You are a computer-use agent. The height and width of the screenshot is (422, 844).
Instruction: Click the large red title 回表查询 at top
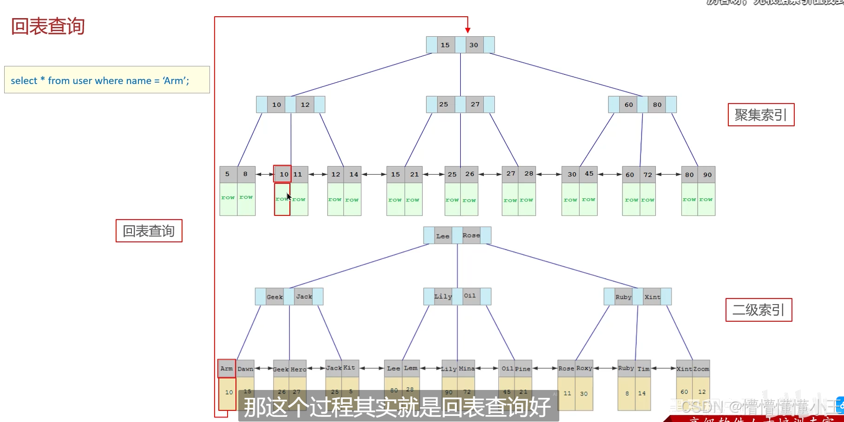tap(48, 26)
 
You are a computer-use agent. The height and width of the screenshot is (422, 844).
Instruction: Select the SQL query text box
tap(107, 80)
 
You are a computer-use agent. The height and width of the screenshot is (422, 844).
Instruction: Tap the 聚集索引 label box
tap(761, 115)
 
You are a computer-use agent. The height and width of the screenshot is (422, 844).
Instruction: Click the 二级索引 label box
tap(759, 310)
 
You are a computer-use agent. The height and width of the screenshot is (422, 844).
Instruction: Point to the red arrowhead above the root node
tap(468, 30)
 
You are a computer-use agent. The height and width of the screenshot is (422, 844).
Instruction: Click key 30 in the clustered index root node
tap(474, 45)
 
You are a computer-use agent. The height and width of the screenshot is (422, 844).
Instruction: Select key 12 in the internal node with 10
tap(305, 104)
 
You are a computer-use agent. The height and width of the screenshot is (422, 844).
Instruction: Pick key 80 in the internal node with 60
tap(657, 104)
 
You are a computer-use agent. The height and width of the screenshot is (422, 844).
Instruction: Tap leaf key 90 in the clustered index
tap(707, 175)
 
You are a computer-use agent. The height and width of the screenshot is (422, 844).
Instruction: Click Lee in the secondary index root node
tap(443, 236)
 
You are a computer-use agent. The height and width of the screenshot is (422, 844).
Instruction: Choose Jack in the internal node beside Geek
tap(304, 297)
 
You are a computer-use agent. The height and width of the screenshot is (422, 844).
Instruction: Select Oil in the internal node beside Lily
tap(470, 296)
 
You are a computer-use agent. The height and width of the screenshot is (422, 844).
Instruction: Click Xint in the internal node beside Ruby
tap(652, 297)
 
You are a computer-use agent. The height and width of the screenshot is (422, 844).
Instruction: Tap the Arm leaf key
tap(227, 369)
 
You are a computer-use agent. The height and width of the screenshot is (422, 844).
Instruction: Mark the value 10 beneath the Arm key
tap(229, 392)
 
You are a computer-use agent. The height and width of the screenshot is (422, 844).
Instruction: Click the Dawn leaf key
tap(245, 369)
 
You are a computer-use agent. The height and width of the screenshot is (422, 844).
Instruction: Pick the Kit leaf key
tap(349, 368)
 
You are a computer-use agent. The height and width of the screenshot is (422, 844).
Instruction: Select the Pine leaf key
tap(523, 369)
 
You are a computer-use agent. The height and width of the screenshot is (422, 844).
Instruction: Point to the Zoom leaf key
tap(701, 369)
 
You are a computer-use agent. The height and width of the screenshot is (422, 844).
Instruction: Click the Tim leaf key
tap(643, 369)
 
